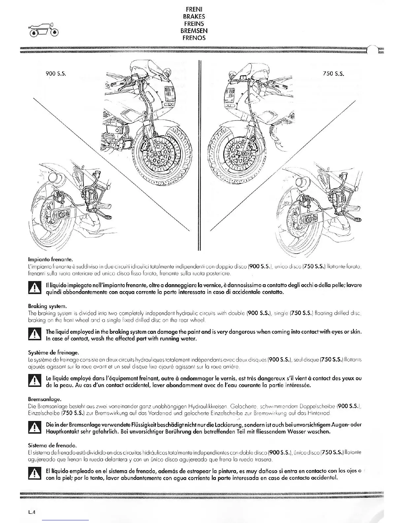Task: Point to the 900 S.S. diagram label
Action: click(56, 74)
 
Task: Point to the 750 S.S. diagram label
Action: click(334, 74)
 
